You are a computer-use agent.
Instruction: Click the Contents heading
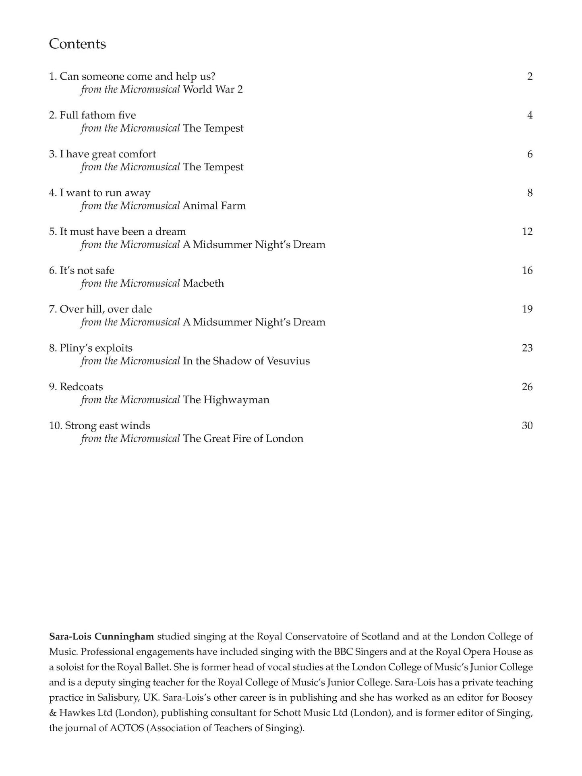pos(77,44)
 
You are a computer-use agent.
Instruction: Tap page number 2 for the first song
pos(530,77)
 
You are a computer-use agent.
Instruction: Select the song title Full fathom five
pos(97,115)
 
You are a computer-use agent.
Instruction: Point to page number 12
pos(527,232)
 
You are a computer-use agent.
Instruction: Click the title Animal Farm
pos(214,206)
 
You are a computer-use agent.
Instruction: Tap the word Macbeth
pos(203,283)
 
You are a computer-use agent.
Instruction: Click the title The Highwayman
pos(226,400)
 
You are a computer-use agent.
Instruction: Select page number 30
pos(527,426)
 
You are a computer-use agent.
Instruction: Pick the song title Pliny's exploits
pos(96,348)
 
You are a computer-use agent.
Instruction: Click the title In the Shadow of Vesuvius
pos(246,361)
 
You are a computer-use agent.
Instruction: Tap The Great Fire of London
pos(243,439)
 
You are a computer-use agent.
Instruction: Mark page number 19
pos(527,309)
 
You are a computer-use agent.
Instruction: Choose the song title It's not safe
pos(87,271)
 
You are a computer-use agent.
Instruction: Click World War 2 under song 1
pos(213,89)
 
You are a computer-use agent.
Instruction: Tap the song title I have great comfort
pos(108,154)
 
